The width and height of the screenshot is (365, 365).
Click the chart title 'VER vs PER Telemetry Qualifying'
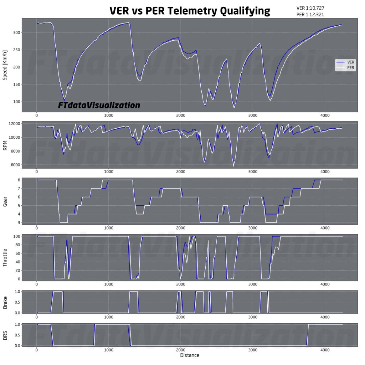click(190, 11)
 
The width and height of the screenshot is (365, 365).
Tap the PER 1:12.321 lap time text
click(310, 15)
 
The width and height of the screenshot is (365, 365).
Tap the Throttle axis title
click(5, 257)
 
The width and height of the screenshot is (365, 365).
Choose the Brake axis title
click(5, 302)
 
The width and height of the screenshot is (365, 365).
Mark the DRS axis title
click(5, 335)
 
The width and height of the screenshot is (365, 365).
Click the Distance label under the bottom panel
click(190, 355)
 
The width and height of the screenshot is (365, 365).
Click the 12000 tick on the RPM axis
click(14, 123)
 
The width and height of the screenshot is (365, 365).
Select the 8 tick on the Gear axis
click(18, 180)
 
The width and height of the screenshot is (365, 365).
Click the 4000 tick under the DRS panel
click(325, 350)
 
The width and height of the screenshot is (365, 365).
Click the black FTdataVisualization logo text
click(99, 106)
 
